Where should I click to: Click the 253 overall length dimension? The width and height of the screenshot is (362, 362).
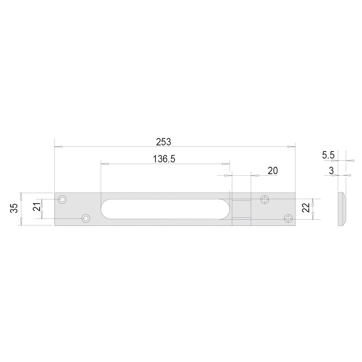(163, 142)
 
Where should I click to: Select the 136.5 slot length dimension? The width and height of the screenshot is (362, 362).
(164, 159)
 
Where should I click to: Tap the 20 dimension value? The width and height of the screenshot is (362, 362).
(273, 171)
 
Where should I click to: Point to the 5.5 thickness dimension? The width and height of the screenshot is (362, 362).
(328, 155)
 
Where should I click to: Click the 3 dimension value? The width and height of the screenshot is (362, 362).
(331, 171)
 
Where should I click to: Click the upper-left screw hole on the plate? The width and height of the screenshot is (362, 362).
(62, 199)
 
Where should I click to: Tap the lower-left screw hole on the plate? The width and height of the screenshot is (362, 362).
(86, 218)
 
